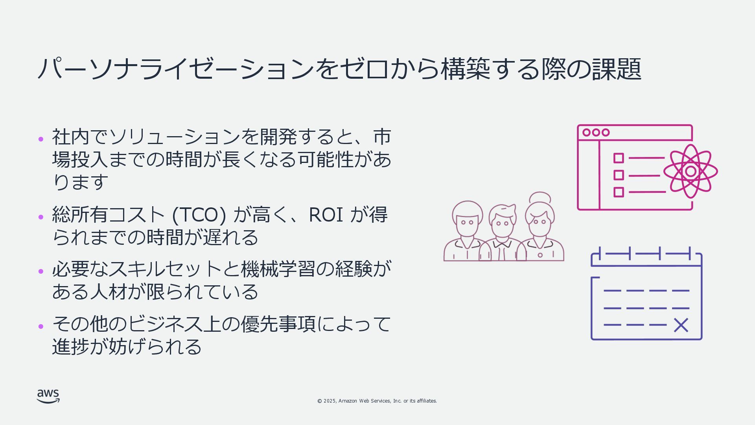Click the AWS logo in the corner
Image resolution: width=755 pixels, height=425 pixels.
click(48, 396)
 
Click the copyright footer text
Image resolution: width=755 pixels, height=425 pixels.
click(377, 401)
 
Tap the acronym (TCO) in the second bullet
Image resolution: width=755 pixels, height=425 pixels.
click(199, 215)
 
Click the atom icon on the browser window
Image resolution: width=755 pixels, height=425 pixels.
click(691, 171)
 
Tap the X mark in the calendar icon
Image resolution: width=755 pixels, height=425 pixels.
click(681, 325)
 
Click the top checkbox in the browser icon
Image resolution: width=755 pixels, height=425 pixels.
click(619, 158)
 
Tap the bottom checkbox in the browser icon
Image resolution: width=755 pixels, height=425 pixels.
click(619, 192)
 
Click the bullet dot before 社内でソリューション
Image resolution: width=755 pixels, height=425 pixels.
click(41, 139)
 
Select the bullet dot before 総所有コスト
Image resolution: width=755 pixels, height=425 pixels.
click(41, 217)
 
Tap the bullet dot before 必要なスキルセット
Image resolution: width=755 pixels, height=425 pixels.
click(41, 271)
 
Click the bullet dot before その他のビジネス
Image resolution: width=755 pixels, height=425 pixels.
click(41, 326)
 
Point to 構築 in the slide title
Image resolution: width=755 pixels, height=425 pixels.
click(466, 69)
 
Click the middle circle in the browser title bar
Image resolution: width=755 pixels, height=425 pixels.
click(596, 133)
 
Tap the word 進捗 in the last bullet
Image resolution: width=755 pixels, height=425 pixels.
click(71, 347)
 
